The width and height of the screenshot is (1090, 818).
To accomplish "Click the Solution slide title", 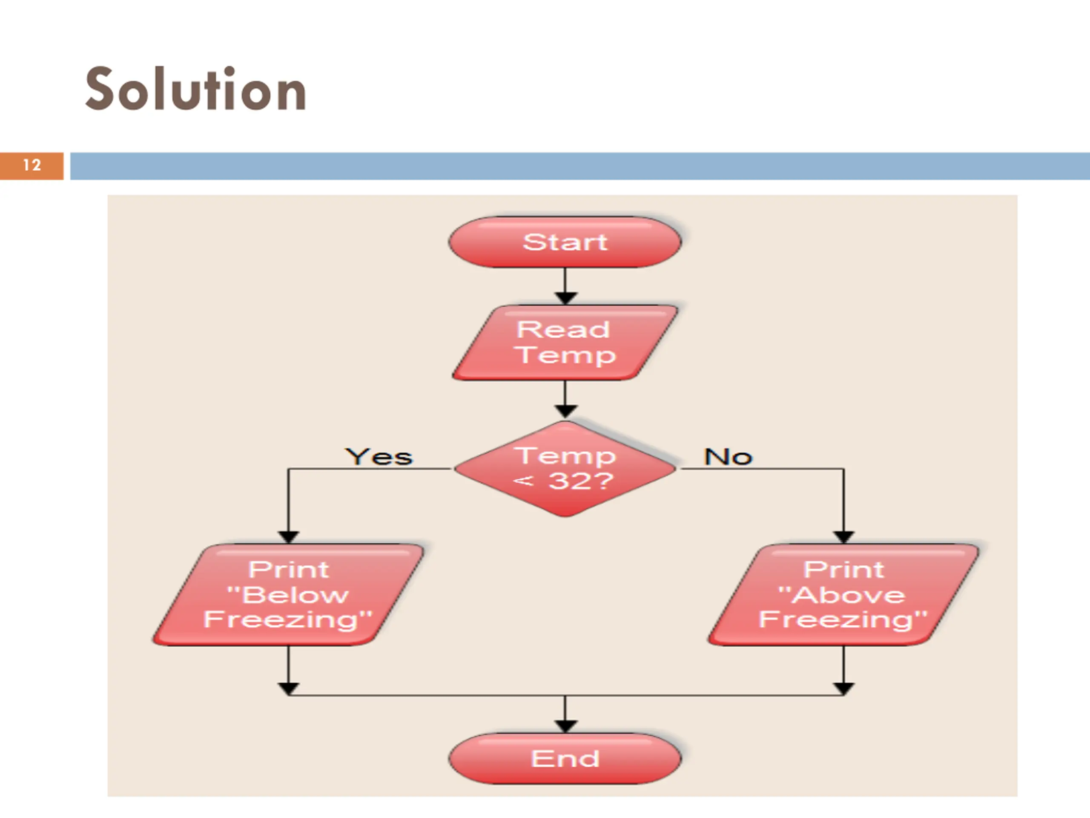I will pos(195,89).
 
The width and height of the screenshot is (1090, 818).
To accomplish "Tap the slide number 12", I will pos(32,165).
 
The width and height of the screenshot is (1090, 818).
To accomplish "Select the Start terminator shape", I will pos(565,242).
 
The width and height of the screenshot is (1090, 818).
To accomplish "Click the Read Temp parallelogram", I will pos(565,343).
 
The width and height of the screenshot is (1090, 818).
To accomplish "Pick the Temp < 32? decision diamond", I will pos(565,468).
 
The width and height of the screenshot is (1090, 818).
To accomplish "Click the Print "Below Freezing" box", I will pos(288,595).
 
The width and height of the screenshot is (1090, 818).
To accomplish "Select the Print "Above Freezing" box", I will pos(843,595).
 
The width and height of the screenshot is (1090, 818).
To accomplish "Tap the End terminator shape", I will pos(565,758).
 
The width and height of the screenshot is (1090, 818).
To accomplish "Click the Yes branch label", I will pos(379,457).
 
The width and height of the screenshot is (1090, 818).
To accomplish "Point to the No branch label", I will pos(728,457).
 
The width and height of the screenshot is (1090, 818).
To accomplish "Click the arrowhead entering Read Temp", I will pos(565,298).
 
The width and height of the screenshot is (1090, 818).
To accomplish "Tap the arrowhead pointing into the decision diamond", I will pos(565,411).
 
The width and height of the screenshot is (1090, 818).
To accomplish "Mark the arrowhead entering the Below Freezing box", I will pos(288,536).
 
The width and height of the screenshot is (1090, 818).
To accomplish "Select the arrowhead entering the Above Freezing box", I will pos(843,536).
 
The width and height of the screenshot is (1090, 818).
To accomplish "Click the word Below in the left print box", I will pos(295,595).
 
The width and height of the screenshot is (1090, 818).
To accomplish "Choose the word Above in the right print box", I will pos(849,595).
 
